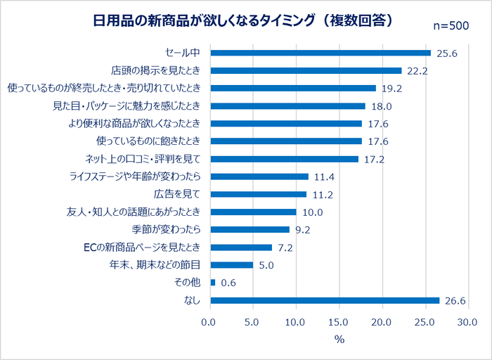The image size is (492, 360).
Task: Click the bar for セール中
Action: pyautogui.click(x=321, y=53)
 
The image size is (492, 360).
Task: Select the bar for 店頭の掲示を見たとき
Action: pyautogui.click(x=306, y=70)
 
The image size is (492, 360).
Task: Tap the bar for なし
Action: pyautogui.click(x=325, y=300)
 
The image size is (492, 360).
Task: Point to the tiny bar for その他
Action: pyautogui.click(x=213, y=283)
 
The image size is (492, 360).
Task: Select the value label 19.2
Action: pyautogui.click(x=391, y=89)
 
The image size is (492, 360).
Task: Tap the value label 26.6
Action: pyautogui.click(x=455, y=301)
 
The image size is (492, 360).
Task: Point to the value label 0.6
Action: pyautogui.click(x=228, y=283)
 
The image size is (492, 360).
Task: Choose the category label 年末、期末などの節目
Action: pyautogui.click(x=155, y=265)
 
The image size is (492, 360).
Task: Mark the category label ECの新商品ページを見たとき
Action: pyautogui.click(x=143, y=247)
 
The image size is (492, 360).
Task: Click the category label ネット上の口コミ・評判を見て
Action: pyautogui.click(x=143, y=159)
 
